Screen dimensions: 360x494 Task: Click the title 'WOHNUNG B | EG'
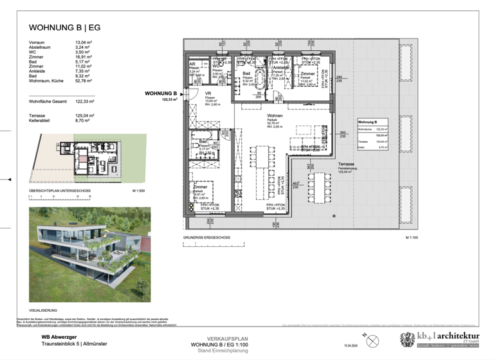(65, 28)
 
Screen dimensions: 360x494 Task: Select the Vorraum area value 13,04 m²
(84, 42)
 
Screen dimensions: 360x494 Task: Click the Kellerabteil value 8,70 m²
(83, 121)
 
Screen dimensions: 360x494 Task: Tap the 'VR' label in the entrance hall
(208, 92)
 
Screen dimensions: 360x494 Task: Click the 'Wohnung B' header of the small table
(368, 122)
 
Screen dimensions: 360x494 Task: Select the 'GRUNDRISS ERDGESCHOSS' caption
(206, 237)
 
